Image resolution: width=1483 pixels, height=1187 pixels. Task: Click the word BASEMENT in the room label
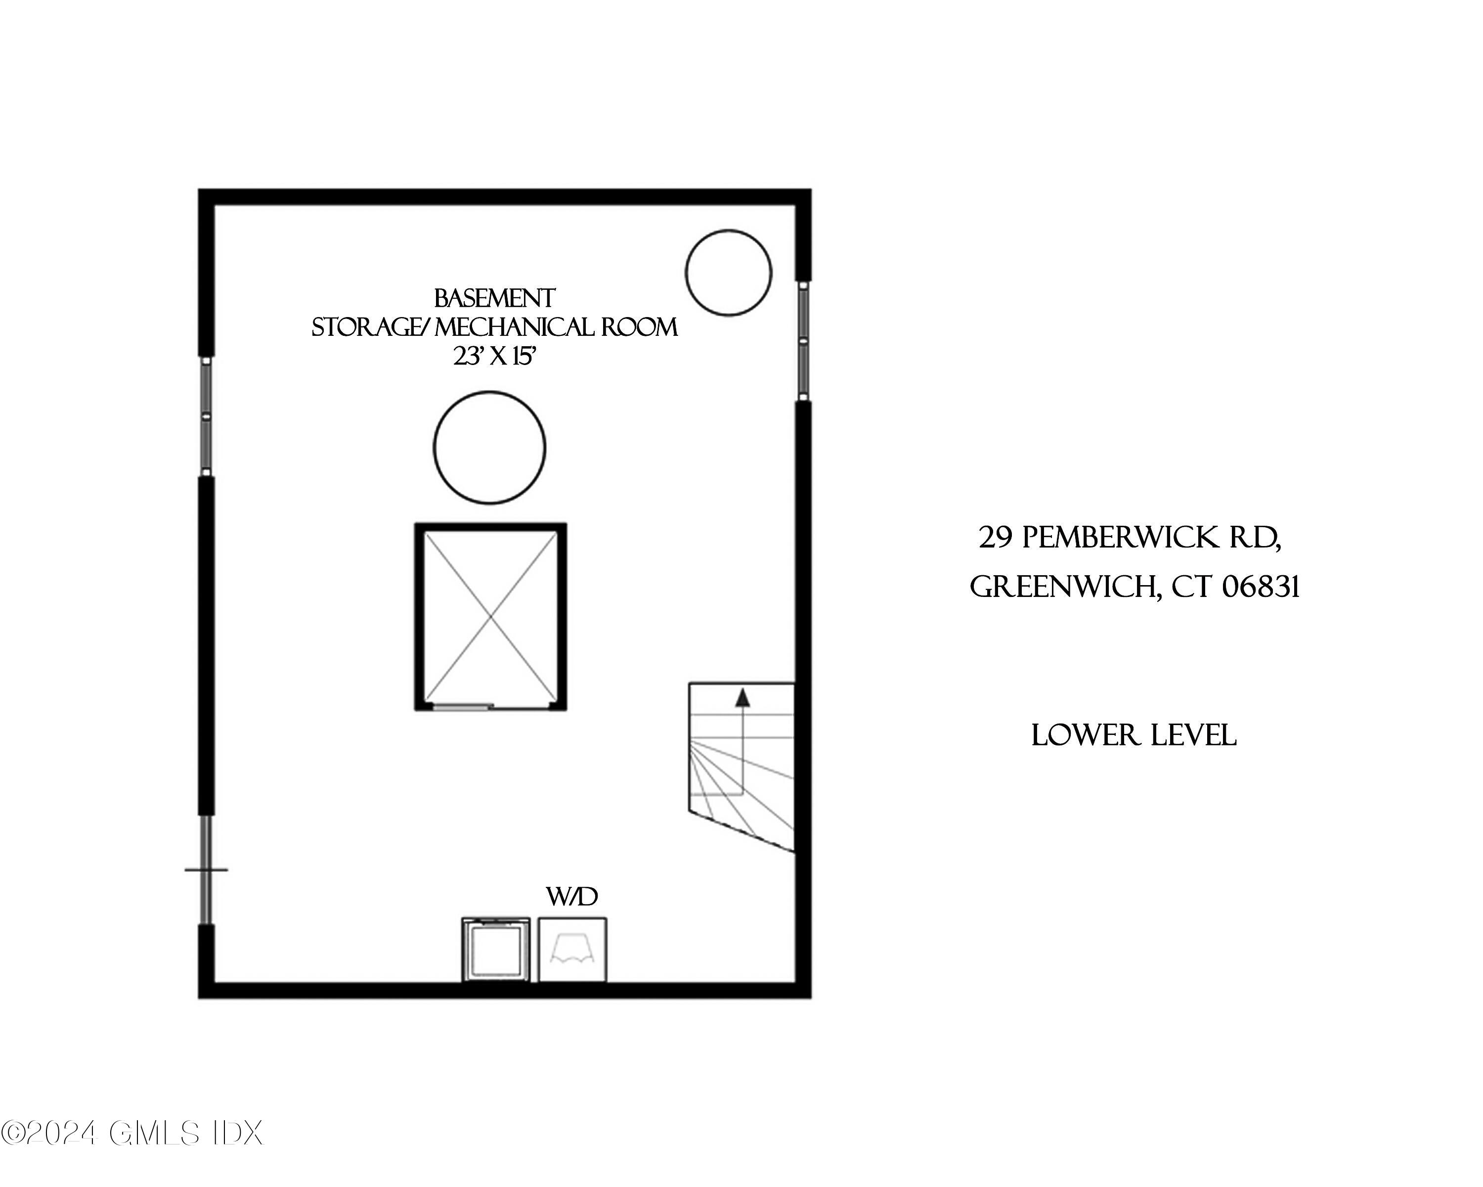pos(494,299)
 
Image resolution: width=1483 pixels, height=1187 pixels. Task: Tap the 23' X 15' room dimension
pos(494,357)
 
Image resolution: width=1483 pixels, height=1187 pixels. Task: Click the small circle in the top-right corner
pos(729,273)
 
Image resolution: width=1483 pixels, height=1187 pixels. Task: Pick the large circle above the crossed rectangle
pos(490,447)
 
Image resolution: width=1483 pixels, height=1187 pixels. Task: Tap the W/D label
pos(571,897)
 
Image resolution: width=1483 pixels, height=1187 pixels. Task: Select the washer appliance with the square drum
pos(495,950)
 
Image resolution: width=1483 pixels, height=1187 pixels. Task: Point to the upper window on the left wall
pos(205,416)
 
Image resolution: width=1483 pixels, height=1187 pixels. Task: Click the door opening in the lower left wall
pos(206,869)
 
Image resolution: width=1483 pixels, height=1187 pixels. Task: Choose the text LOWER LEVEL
pos(1134,735)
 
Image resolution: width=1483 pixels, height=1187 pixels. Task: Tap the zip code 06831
pos(1261,587)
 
